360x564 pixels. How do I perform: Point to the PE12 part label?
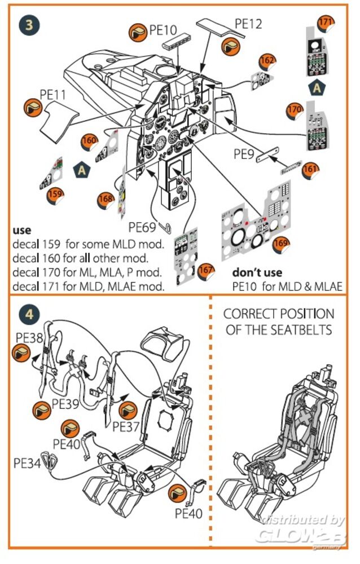click(x=249, y=24)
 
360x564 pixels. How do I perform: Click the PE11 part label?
click(x=54, y=94)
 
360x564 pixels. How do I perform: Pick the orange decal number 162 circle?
click(x=267, y=60)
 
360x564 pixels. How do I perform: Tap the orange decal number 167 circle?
click(x=207, y=271)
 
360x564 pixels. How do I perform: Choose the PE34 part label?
click(x=27, y=462)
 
